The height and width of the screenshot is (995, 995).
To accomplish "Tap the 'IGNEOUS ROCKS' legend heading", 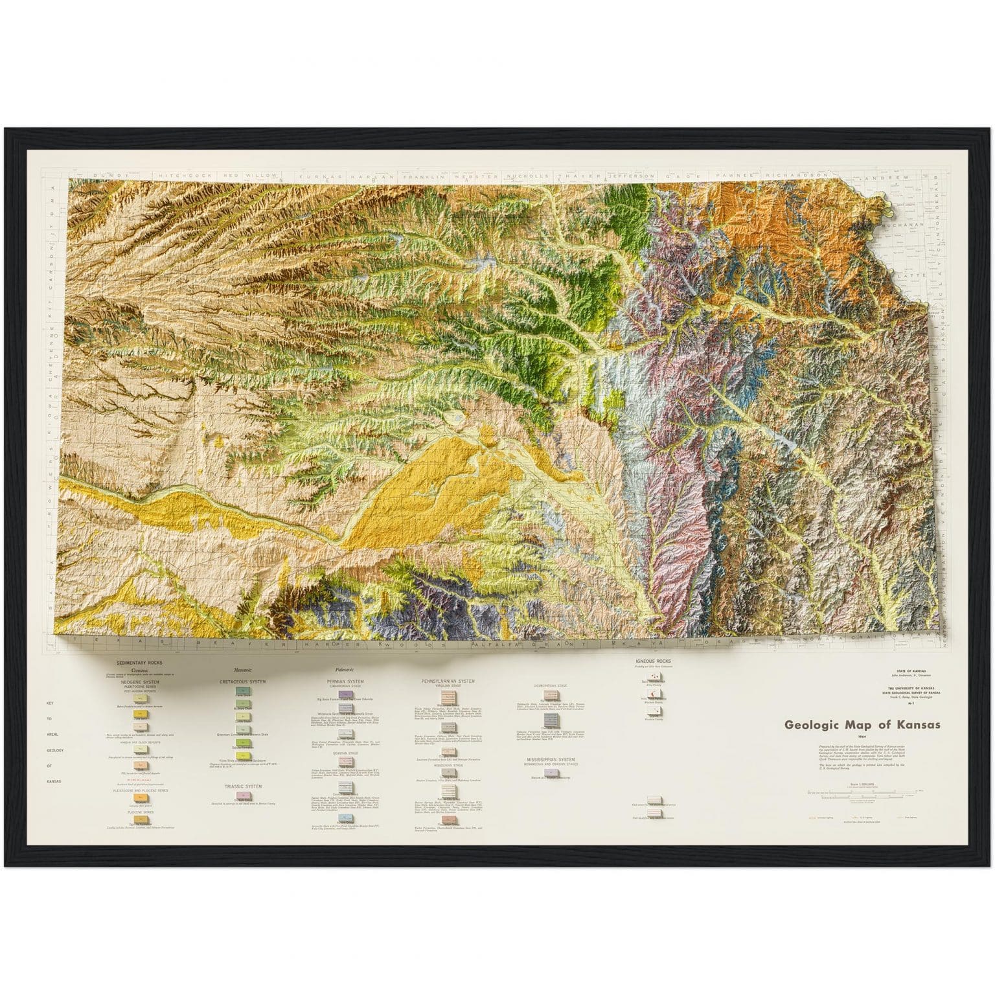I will [652, 661].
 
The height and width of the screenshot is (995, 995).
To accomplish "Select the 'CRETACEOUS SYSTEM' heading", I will [242, 681].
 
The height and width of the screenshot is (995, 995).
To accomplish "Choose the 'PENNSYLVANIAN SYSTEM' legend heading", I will [448, 681].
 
